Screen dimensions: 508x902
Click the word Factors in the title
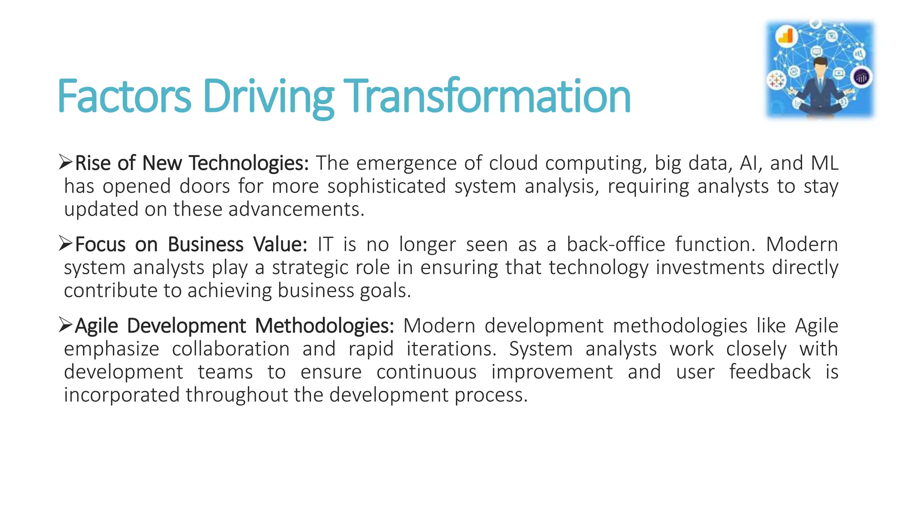coord(124,96)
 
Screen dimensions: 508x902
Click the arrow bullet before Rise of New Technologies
coord(66,162)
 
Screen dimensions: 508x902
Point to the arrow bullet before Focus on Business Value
coord(66,243)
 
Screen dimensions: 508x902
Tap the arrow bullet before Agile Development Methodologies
coord(66,325)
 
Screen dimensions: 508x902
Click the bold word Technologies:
coord(249,163)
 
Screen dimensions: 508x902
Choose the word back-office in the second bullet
coord(616,244)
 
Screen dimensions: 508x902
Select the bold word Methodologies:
coord(325,326)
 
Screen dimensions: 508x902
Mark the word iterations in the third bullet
coord(448,349)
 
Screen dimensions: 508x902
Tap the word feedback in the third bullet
coord(769,372)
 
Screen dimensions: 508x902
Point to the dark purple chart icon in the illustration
coord(861,78)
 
